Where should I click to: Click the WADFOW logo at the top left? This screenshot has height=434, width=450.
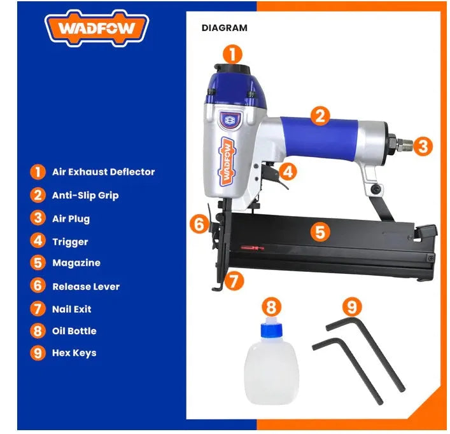coord(97,28)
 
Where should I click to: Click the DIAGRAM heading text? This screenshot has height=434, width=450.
coord(225,28)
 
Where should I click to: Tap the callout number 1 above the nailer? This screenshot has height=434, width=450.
coord(232,54)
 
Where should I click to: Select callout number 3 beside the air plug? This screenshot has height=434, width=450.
coord(423,146)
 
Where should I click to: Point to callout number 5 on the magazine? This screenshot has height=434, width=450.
coord(320,231)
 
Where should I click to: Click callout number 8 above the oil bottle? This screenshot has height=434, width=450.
coord(271,307)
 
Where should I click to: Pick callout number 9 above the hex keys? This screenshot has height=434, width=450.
coord(352,307)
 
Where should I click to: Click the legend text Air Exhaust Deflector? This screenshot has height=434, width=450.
coord(104,172)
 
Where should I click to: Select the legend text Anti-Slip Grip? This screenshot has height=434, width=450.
coord(85,195)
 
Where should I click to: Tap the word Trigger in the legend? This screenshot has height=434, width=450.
coord(70,242)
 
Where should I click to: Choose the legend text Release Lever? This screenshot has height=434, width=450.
coord(86,287)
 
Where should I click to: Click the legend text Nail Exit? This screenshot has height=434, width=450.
coord(72,309)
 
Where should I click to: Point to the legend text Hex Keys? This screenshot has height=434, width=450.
coord(74,353)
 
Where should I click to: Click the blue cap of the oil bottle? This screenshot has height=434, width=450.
coord(271,330)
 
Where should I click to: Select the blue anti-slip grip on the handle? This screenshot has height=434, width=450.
coord(320,137)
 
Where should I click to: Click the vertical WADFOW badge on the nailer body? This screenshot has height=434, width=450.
coord(227,161)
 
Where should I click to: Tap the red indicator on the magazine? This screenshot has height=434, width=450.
coord(253,248)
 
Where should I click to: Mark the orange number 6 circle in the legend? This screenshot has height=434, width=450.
coord(38,285)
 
